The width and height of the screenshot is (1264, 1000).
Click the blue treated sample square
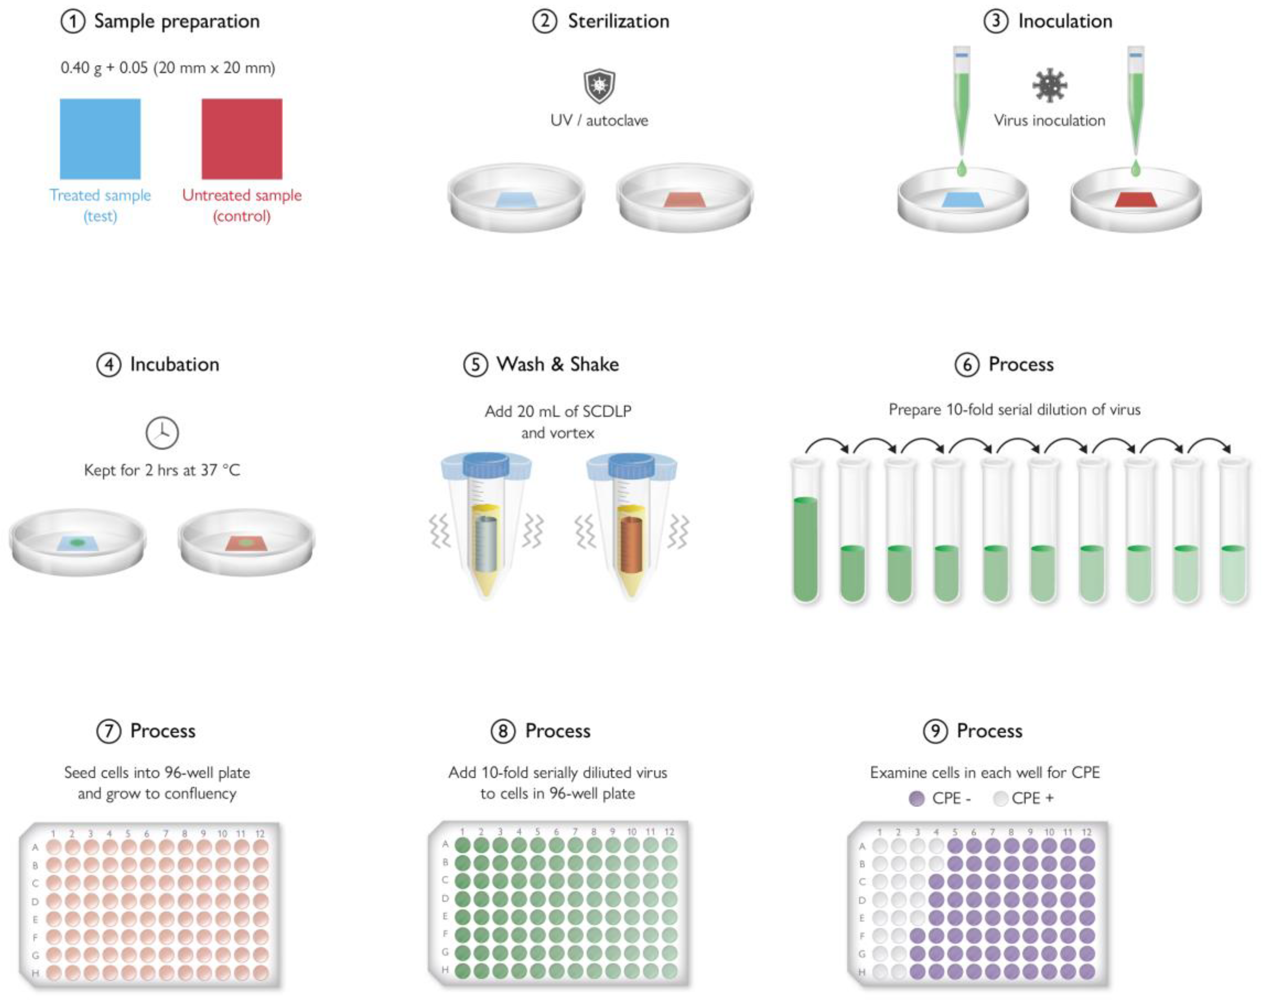click(x=100, y=139)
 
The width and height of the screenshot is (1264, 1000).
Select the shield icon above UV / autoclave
click(x=599, y=87)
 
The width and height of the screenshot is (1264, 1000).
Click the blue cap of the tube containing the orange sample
click(x=631, y=465)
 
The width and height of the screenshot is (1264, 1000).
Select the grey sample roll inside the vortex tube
click(x=486, y=545)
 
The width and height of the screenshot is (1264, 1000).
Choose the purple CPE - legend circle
click(x=917, y=799)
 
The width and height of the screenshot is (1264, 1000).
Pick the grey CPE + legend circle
click(x=1000, y=799)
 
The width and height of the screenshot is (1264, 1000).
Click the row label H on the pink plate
click(x=35, y=973)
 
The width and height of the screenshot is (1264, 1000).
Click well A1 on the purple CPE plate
click(x=879, y=846)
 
